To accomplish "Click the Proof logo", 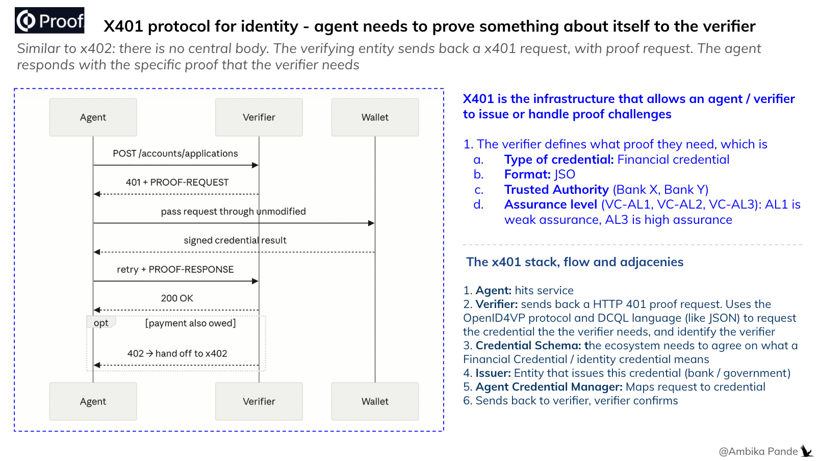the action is (x=50, y=20).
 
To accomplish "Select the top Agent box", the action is (x=93, y=117).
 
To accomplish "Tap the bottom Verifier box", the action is (x=259, y=401).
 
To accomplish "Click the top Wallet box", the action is (x=375, y=117).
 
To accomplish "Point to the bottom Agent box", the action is (x=93, y=401).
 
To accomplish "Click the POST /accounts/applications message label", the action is (x=175, y=153).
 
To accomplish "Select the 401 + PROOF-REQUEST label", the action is (x=177, y=183).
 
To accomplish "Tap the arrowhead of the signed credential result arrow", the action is (x=97, y=252).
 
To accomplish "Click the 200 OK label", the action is (x=177, y=298).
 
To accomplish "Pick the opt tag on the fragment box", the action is (x=101, y=323).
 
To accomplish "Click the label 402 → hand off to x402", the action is (x=177, y=353).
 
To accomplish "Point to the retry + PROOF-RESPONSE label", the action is (x=175, y=269).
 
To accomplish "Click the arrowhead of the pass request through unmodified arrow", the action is (x=371, y=223).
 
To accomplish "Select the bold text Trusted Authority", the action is (x=556, y=189).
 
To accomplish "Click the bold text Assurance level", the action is (x=550, y=204).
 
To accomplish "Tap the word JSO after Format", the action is (x=565, y=174).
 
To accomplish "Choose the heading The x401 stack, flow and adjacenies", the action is (x=574, y=262).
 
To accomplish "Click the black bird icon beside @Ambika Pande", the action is (x=806, y=451).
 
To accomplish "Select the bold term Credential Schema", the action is (x=528, y=345).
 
